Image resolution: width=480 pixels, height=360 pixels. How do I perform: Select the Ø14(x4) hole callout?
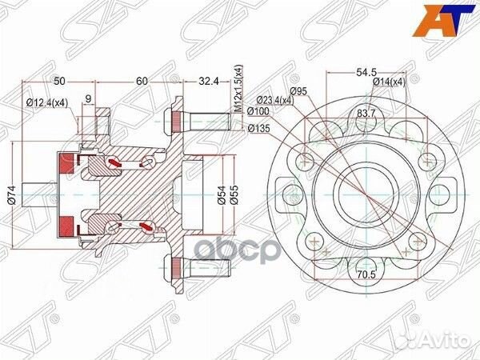(390, 82)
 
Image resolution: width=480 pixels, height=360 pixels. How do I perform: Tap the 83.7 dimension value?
(368, 113)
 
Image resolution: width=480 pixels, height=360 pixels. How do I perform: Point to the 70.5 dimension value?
(367, 272)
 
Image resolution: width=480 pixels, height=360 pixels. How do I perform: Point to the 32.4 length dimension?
(207, 81)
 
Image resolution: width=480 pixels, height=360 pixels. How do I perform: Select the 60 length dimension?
(142, 81)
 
